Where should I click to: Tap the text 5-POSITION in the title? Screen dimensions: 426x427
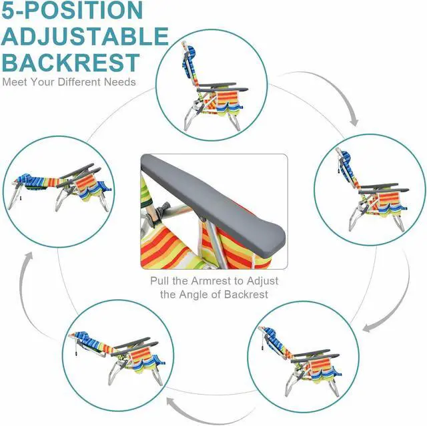71,11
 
